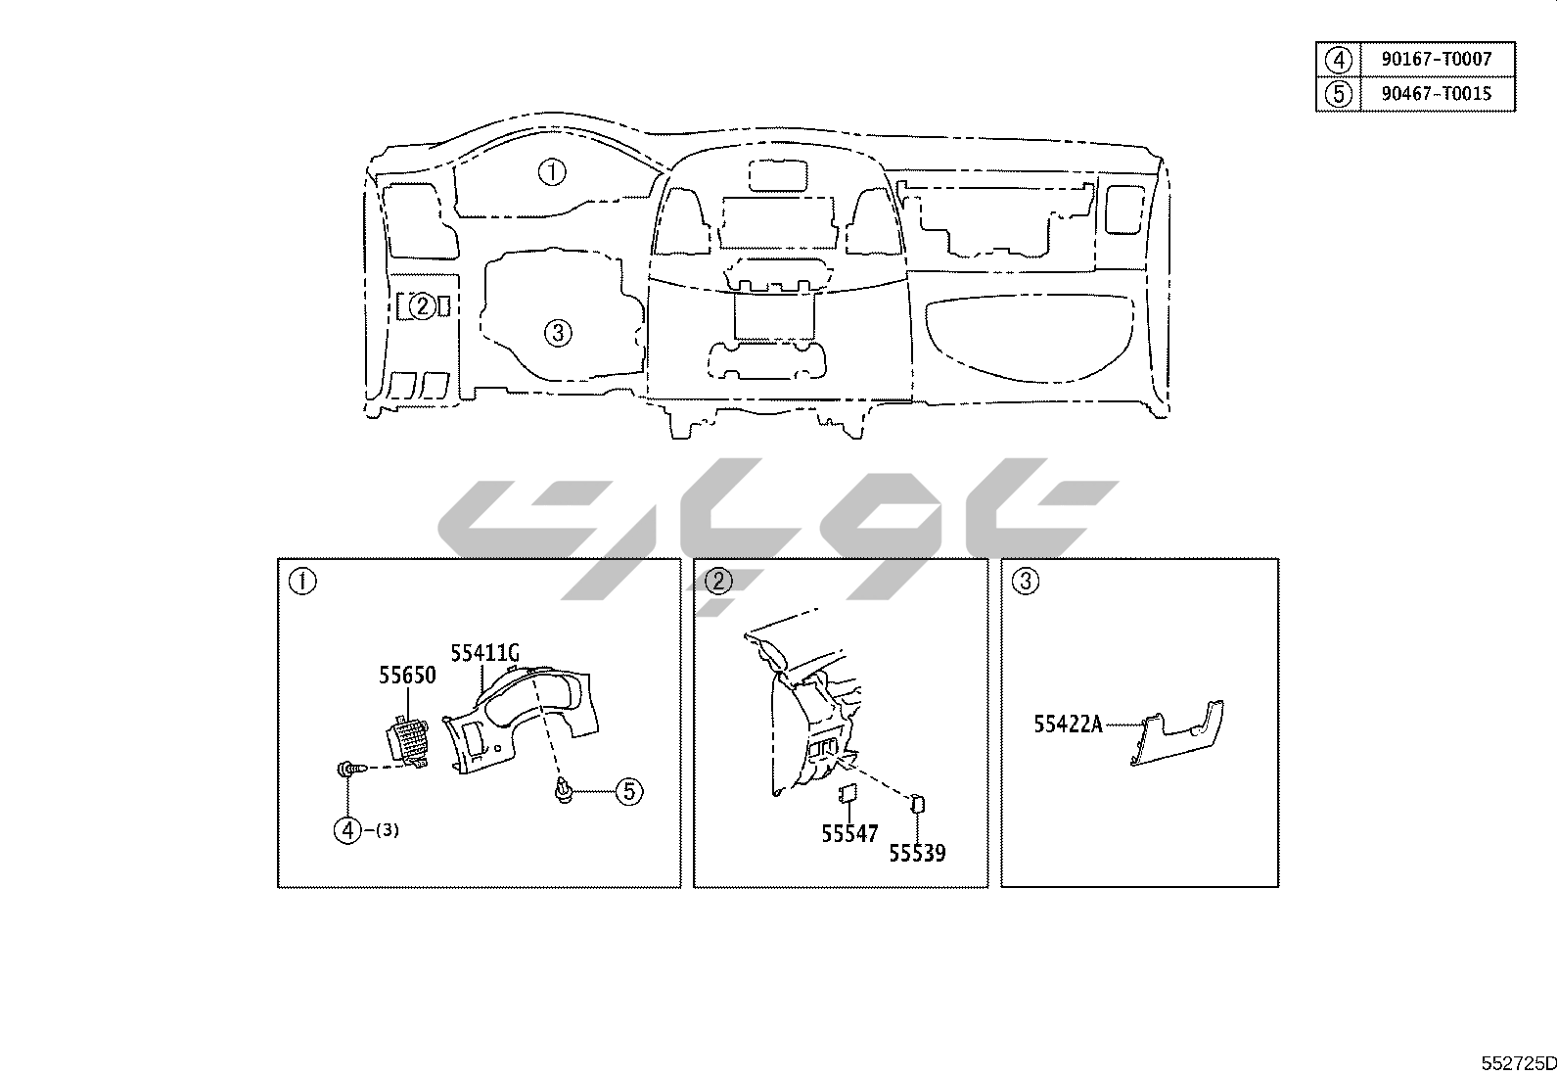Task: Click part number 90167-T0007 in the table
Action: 1437,59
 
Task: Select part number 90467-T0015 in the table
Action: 1437,94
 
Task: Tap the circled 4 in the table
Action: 1338,60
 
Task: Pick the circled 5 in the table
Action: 1338,94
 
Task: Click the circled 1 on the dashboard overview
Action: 552,172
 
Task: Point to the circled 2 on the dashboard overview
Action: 422,306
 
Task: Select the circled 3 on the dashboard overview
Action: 558,334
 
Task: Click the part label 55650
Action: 407,676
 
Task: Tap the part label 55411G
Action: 484,653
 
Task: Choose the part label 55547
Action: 849,834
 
